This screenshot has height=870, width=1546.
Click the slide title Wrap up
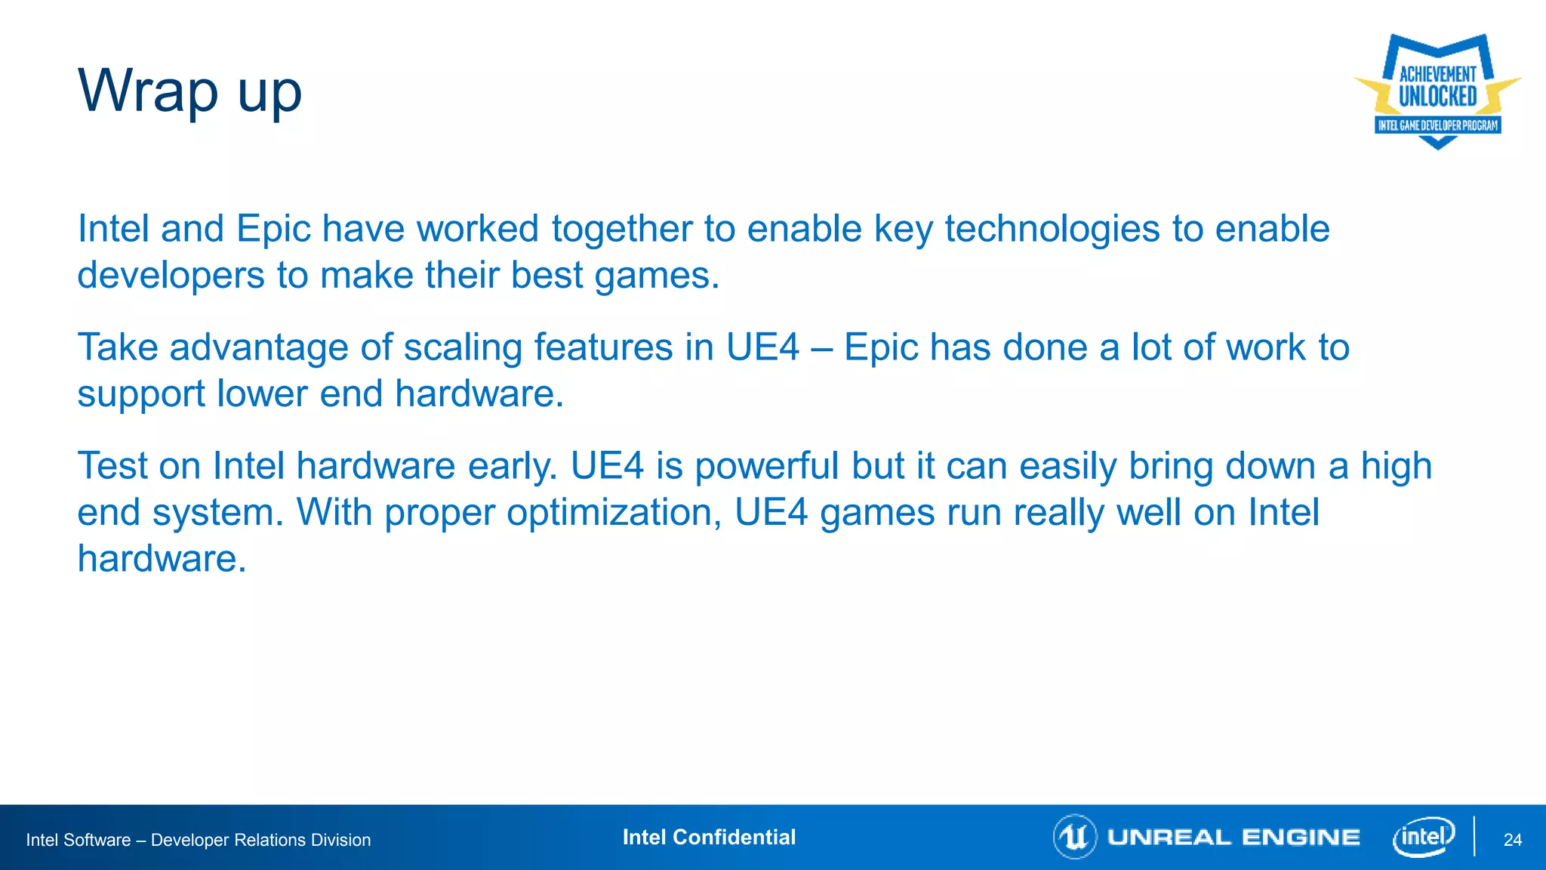189,91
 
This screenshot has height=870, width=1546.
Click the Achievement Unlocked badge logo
1437,91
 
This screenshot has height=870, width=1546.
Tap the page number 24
1512,840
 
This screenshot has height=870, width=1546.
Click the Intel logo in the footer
1423,837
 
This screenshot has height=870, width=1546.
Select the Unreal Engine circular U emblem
1074,837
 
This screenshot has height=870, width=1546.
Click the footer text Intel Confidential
709,837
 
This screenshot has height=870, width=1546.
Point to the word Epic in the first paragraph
273,229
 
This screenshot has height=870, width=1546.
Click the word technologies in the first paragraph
1052,229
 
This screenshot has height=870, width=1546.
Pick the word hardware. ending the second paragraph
479,393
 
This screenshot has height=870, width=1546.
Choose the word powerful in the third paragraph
766,466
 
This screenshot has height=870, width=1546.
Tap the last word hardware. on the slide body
162,559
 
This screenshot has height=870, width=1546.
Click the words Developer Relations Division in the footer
260,840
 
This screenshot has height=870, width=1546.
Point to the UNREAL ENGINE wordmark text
1233,838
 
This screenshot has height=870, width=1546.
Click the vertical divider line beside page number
1474,836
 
